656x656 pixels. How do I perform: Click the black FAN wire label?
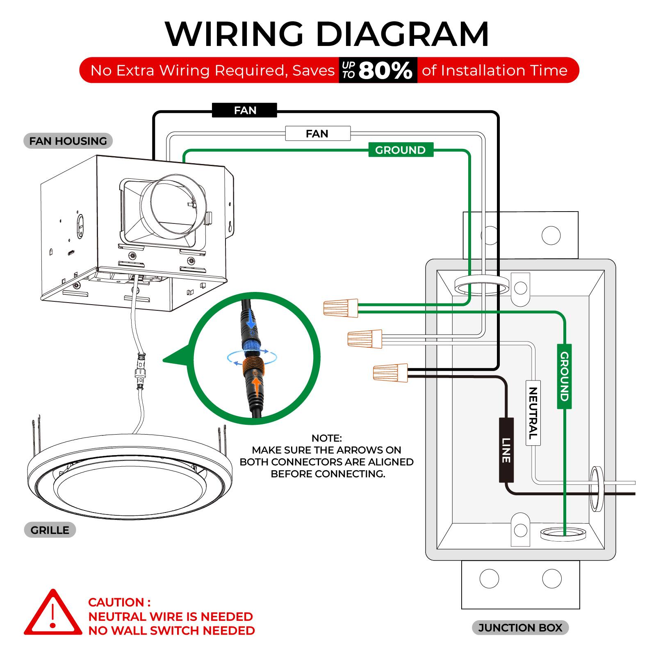tap(244, 110)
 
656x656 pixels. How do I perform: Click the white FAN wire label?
tap(318, 134)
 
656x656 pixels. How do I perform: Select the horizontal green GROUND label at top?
tap(401, 150)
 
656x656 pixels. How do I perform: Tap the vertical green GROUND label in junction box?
tap(564, 376)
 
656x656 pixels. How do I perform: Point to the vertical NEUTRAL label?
tap(533, 413)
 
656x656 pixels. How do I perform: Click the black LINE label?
tap(506, 450)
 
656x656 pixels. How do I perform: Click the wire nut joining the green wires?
tap(341, 307)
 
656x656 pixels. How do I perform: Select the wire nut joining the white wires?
tap(364, 339)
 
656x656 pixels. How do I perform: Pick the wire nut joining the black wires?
tap(390, 373)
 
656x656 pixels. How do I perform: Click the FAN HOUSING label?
tap(68, 141)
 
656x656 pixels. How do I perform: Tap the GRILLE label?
tap(50, 530)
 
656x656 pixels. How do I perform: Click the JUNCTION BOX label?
tap(520, 628)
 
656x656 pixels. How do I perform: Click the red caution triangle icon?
tap(52, 615)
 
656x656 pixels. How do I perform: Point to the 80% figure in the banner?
tap(385, 71)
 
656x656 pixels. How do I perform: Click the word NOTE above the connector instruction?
tap(326, 438)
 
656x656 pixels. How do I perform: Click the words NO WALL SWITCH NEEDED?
tap(171, 631)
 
